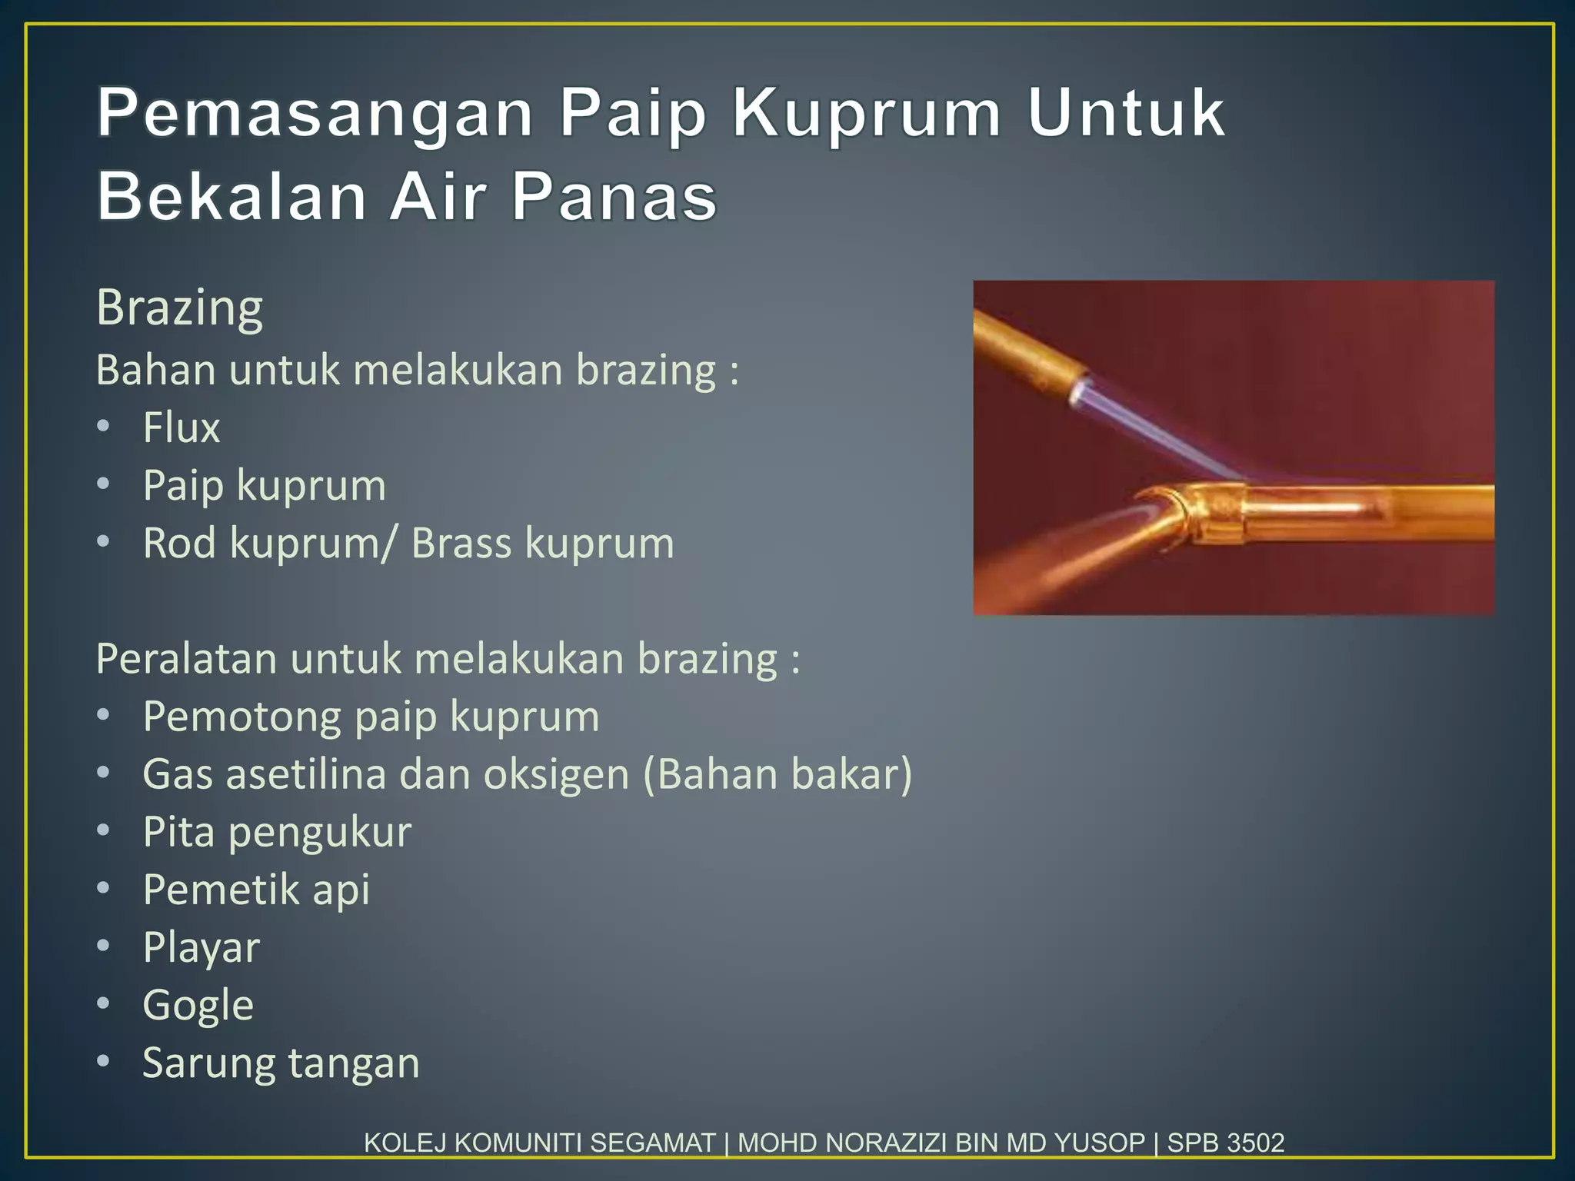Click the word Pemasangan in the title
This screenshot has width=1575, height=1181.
[315, 114]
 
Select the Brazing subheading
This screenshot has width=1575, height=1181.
[180, 308]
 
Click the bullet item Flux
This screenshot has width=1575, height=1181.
[181, 427]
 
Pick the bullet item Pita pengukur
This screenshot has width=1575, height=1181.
[277, 833]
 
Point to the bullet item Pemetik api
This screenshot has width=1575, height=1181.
[256, 890]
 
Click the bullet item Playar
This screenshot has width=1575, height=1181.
[201, 948]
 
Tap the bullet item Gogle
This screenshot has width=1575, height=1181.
[198, 1006]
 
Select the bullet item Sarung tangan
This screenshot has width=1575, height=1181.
[281, 1063]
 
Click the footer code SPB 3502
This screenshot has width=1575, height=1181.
[1226, 1143]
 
